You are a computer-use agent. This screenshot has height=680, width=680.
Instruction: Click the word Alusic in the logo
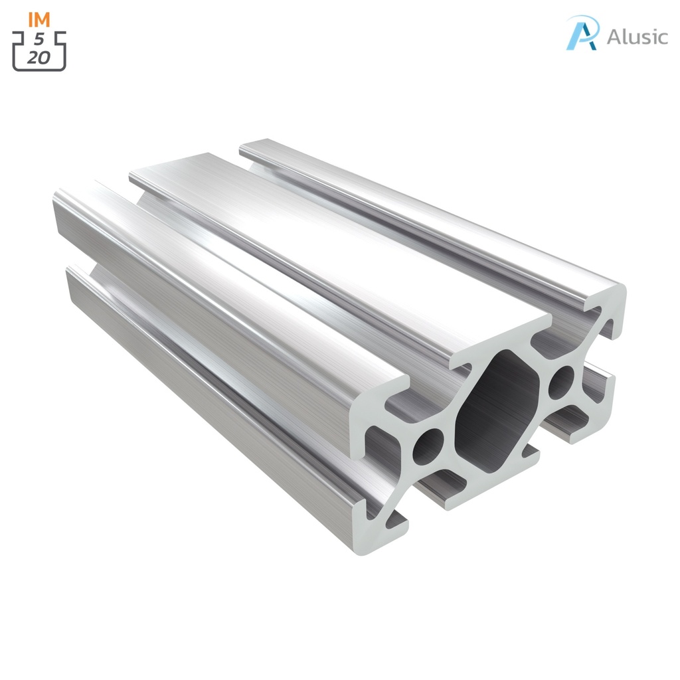(637, 37)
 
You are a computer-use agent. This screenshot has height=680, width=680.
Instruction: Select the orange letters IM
(39, 19)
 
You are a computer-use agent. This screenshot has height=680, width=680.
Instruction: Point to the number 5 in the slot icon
(39, 39)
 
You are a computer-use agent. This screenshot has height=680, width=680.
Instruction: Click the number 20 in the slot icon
(39, 57)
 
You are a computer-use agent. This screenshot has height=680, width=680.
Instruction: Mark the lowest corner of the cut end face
(372, 550)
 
